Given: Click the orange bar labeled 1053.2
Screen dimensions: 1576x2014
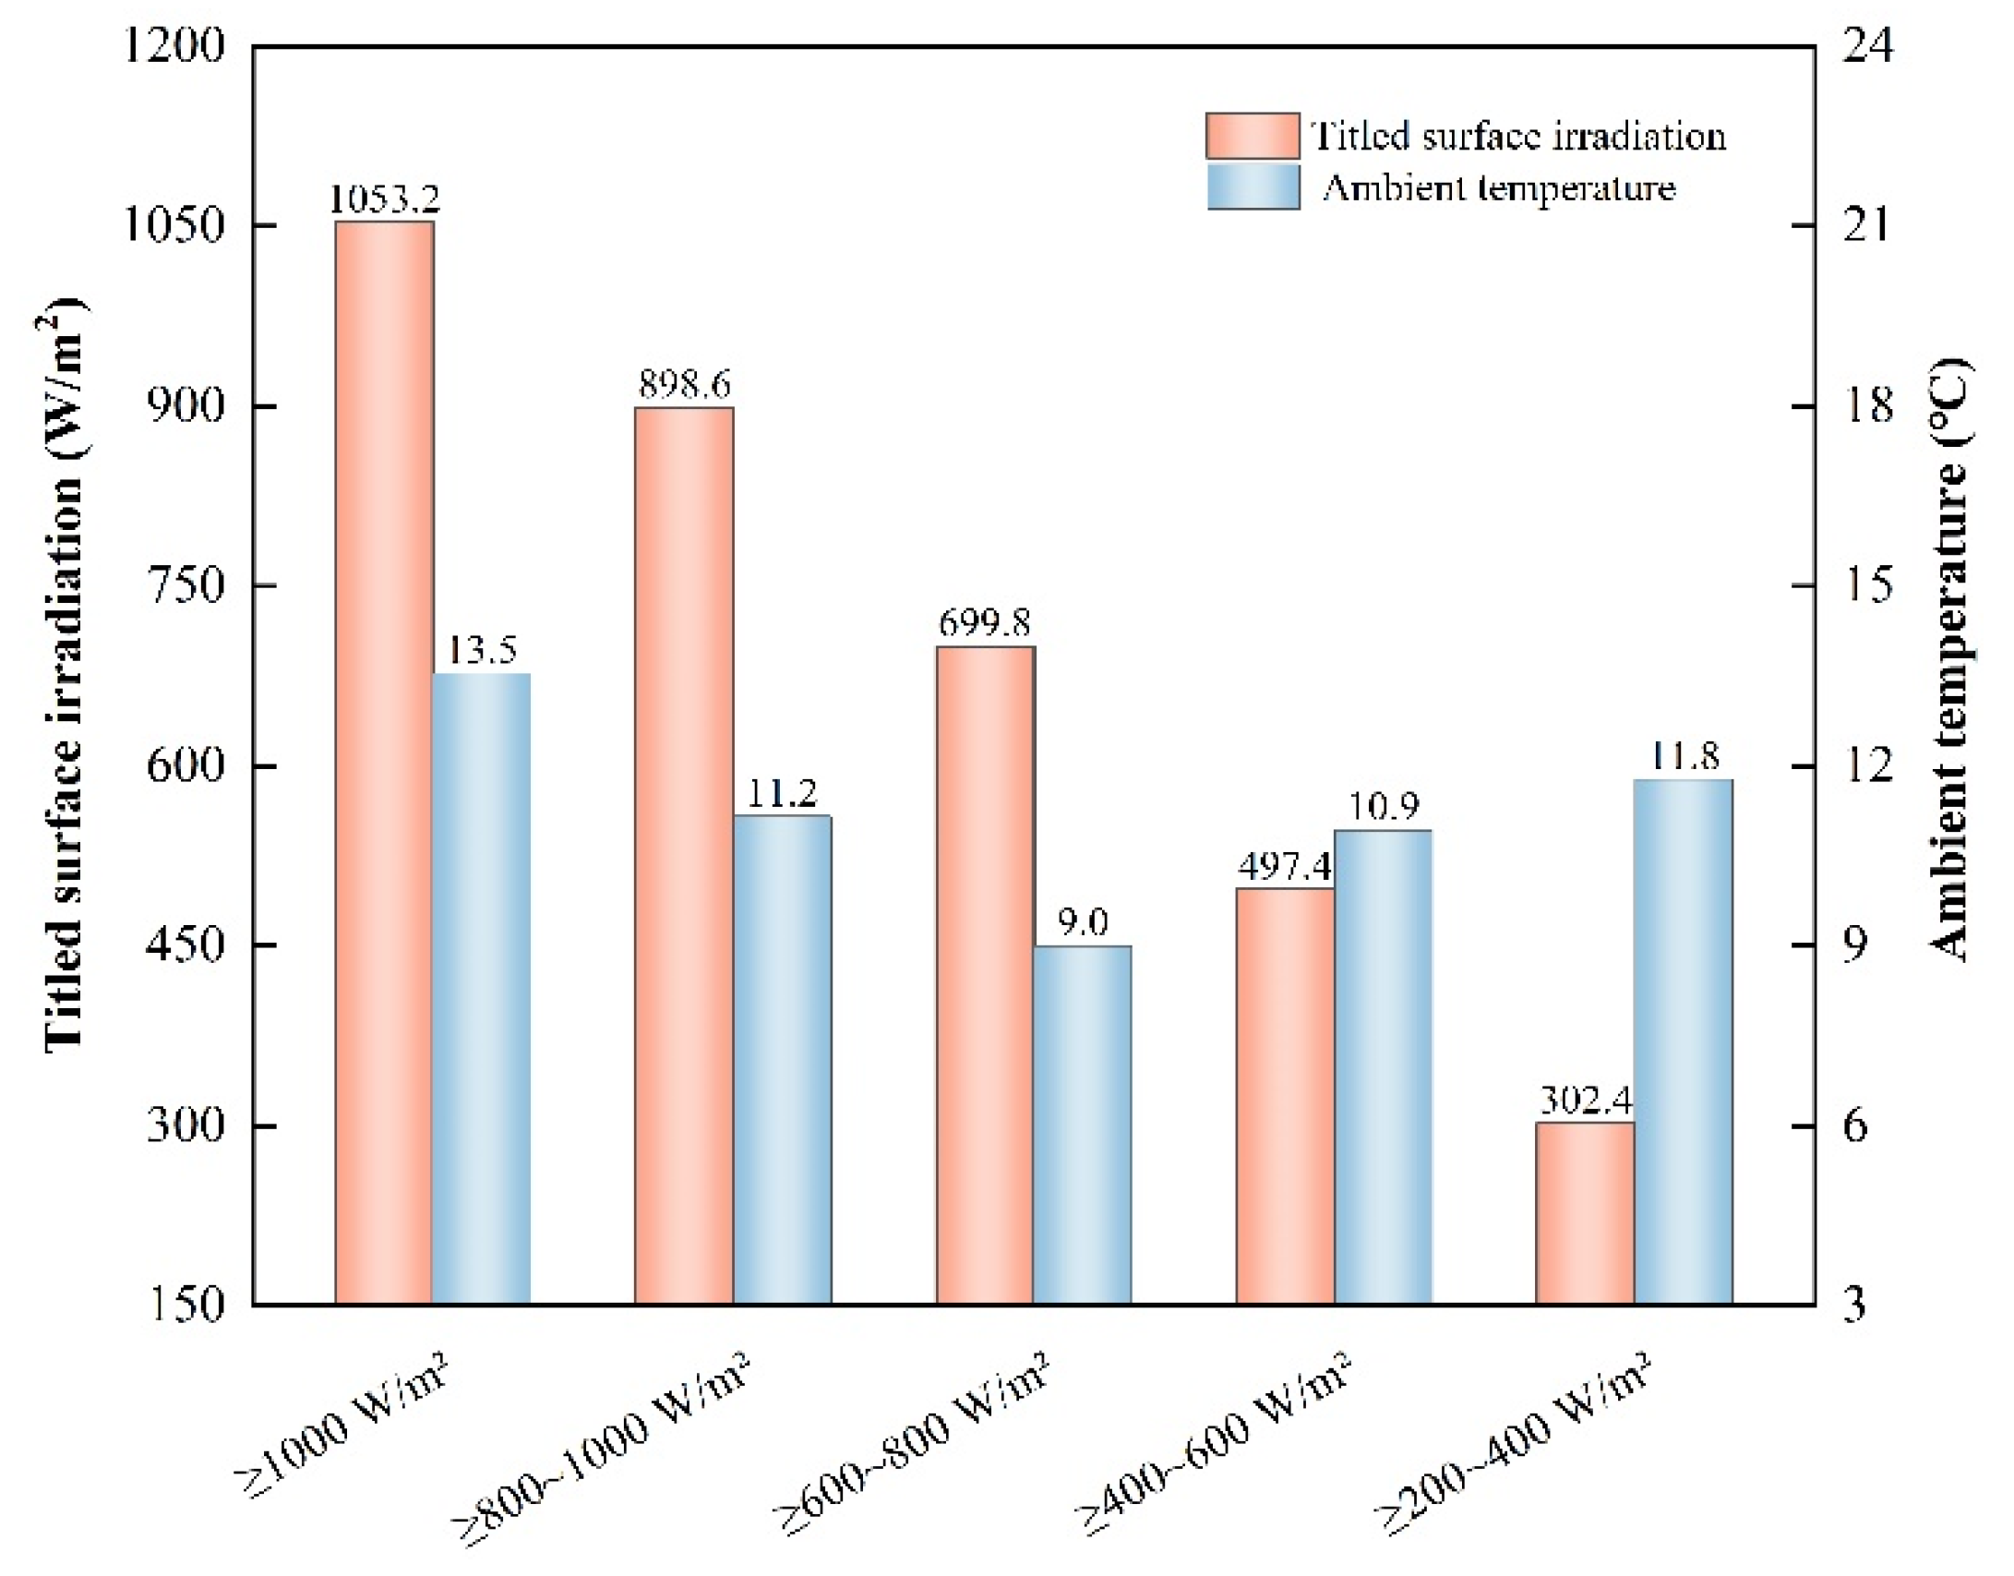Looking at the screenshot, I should [384, 762].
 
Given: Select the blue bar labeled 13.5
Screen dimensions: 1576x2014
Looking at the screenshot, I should [482, 988].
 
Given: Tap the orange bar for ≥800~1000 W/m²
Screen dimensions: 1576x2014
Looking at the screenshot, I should [684, 854].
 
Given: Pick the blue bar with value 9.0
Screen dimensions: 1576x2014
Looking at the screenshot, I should [1082, 1125].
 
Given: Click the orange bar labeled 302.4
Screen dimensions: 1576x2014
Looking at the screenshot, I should [1585, 1212].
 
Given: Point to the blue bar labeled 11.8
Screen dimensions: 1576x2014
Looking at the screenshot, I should [1683, 1041].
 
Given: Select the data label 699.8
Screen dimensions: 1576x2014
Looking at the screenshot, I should [984, 624].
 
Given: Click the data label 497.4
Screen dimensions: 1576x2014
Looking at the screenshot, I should [1285, 867].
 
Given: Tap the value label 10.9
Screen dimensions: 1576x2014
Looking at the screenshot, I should [1383, 808].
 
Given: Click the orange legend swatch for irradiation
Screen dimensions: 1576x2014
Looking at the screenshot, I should [1253, 137].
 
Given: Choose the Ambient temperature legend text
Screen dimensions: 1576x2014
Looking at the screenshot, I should [1498, 188].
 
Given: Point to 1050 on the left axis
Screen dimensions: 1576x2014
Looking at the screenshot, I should [174, 225].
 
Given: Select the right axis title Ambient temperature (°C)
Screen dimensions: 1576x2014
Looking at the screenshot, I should [1949, 660].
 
